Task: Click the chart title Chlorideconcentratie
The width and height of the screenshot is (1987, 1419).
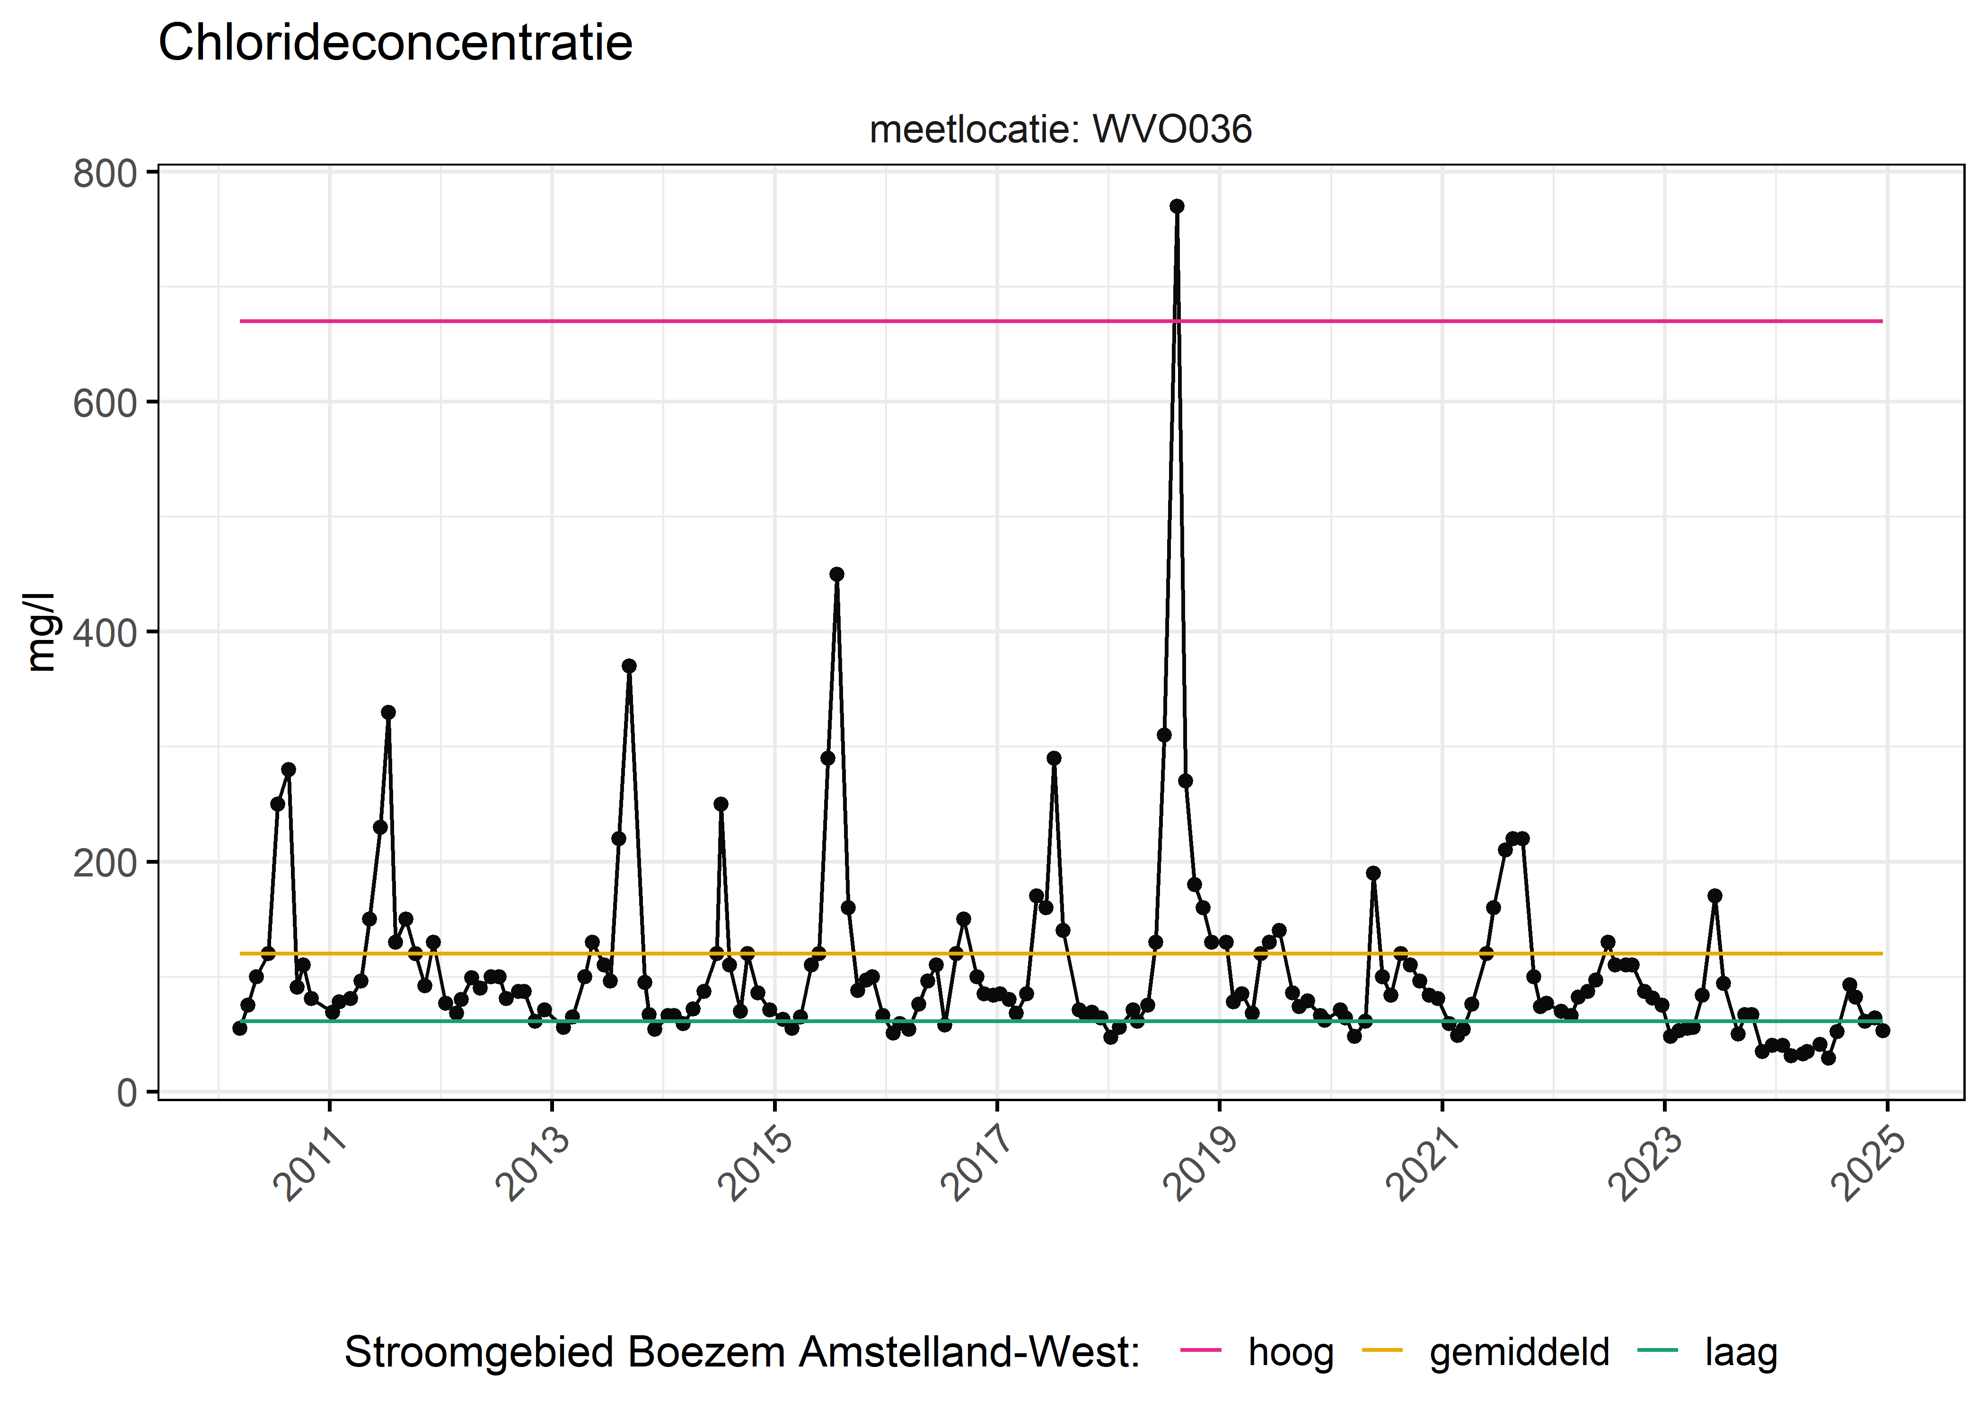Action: (395, 44)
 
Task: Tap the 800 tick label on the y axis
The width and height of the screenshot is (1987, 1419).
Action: (105, 174)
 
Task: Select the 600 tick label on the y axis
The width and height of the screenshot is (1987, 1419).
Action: (105, 403)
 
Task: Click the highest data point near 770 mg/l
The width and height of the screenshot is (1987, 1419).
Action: (1177, 206)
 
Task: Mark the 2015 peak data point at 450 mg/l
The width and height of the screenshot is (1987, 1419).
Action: (836, 574)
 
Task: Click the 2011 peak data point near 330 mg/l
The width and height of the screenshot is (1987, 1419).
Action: (388, 712)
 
